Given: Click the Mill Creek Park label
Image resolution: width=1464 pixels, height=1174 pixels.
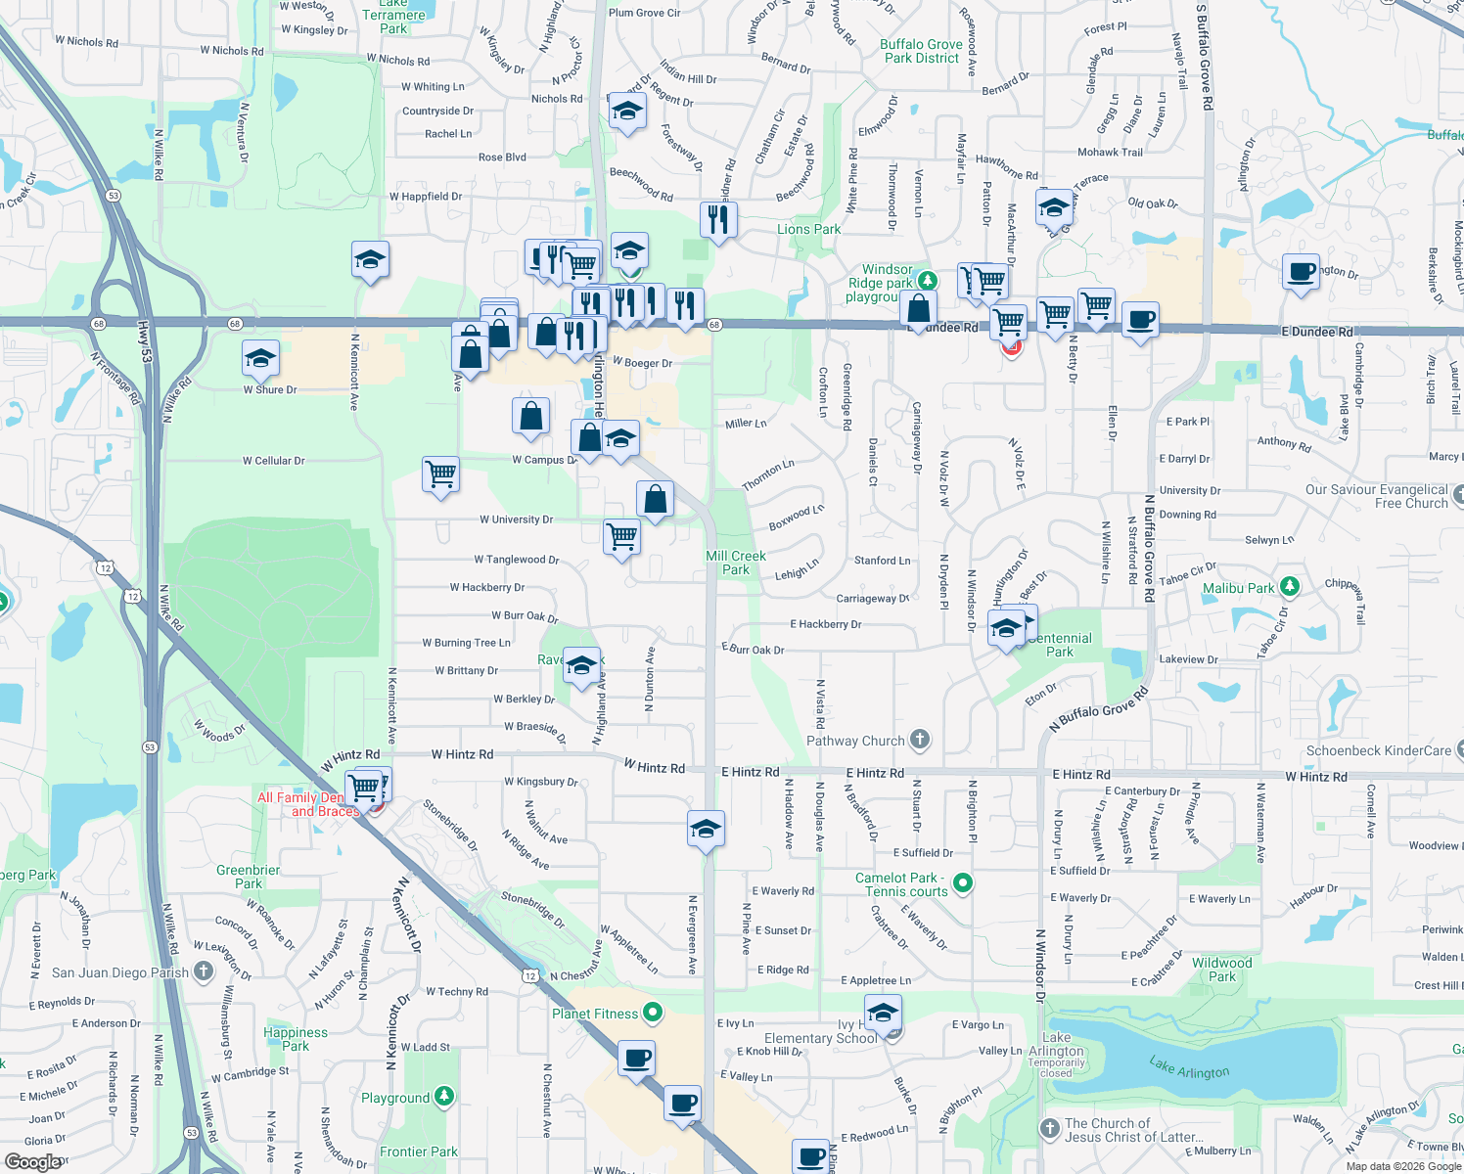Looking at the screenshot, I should coord(736,563).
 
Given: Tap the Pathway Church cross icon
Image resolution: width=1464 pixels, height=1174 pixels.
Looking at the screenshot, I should coord(920,740).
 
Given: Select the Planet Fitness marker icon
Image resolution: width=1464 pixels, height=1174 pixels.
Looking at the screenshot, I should coord(653,1013).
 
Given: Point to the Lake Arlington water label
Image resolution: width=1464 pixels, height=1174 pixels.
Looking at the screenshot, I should coord(1189,1067).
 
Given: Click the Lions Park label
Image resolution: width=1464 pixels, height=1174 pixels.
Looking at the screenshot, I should coord(808,229).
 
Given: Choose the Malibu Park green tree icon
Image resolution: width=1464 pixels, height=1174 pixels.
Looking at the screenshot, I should coord(1290,587).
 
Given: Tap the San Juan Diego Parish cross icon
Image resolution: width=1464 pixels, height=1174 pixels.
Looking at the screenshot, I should coord(204,971).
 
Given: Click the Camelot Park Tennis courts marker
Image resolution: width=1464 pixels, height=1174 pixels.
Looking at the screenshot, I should coord(963,883).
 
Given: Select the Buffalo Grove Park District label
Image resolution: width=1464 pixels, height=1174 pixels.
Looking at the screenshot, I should coord(921,51).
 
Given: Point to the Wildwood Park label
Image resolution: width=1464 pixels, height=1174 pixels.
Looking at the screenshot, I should coord(1221,970).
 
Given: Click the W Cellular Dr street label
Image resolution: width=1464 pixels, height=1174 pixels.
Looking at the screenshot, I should coord(274,461).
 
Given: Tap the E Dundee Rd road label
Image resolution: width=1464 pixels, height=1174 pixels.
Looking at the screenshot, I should coord(1317,332).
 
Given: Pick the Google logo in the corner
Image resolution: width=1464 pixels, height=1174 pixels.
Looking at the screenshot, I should coord(33,1162).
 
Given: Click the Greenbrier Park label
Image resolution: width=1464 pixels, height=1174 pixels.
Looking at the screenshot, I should coord(249,877).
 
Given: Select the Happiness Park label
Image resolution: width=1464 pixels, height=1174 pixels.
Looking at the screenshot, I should coord(296,1039).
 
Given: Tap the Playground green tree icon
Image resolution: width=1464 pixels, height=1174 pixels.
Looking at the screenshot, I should coord(444,1097).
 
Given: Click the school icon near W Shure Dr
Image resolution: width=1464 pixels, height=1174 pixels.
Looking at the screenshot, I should coord(261,358).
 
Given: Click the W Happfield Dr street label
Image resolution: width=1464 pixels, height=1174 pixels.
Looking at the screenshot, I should coord(426,197).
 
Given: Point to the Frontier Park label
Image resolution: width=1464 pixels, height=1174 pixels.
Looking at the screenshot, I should coord(419,1151).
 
